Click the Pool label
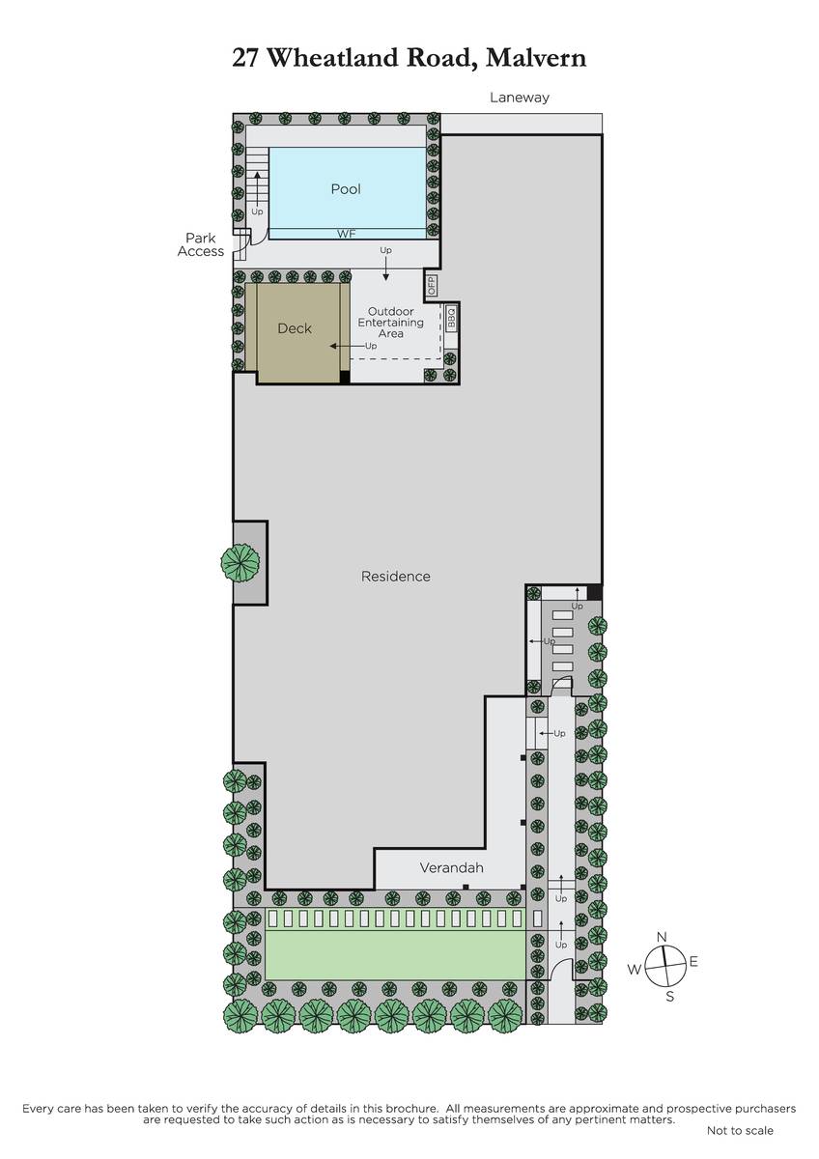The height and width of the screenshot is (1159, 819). [346, 189]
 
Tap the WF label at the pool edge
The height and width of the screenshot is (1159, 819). [346, 234]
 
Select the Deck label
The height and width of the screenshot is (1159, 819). [295, 328]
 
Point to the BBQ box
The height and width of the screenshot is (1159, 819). [451, 318]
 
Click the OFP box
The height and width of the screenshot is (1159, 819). [432, 285]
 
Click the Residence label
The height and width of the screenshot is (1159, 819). [396, 576]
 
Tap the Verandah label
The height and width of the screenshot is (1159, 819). [452, 867]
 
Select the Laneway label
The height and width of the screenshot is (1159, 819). [520, 98]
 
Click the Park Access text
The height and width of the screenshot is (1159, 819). [201, 244]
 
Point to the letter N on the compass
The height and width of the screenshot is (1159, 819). [662, 937]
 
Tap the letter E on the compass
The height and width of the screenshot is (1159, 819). [693, 961]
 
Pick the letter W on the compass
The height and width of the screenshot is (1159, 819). [635, 969]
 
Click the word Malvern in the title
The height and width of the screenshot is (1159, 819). [536, 57]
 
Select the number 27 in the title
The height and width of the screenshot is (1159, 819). [244, 57]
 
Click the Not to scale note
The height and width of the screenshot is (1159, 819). [740, 1131]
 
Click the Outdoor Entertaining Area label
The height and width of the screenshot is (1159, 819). [390, 323]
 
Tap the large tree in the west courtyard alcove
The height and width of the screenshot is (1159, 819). [240, 562]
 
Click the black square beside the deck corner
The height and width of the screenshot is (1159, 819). [345, 377]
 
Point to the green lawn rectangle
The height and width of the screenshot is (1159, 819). [395, 955]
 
